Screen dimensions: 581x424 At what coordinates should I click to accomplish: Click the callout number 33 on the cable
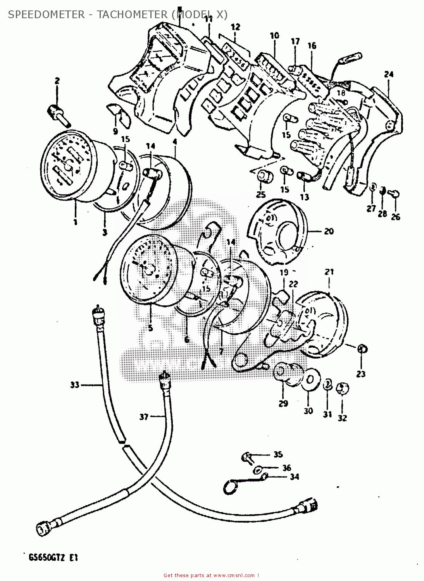(x=74, y=385)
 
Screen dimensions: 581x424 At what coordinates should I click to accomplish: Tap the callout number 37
(x=144, y=417)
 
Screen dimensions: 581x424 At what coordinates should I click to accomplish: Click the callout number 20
(x=329, y=231)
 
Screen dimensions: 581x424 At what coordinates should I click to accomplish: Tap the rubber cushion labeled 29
(x=287, y=373)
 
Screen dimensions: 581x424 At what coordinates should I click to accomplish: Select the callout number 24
(x=389, y=74)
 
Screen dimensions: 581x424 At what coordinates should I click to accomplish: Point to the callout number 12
(x=235, y=27)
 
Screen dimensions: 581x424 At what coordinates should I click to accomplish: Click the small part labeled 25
(x=265, y=177)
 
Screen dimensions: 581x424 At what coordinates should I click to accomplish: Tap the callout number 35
(x=278, y=454)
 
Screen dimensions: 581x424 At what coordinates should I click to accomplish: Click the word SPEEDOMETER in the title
(x=46, y=15)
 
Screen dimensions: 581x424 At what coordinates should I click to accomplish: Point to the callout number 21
(x=329, y=272)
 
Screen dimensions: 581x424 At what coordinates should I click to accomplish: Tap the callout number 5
(x=150, y=328)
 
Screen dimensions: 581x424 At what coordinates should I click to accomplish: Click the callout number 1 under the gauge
(x=75, y=222)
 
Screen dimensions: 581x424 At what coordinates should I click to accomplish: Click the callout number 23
(x=361, y=374)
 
